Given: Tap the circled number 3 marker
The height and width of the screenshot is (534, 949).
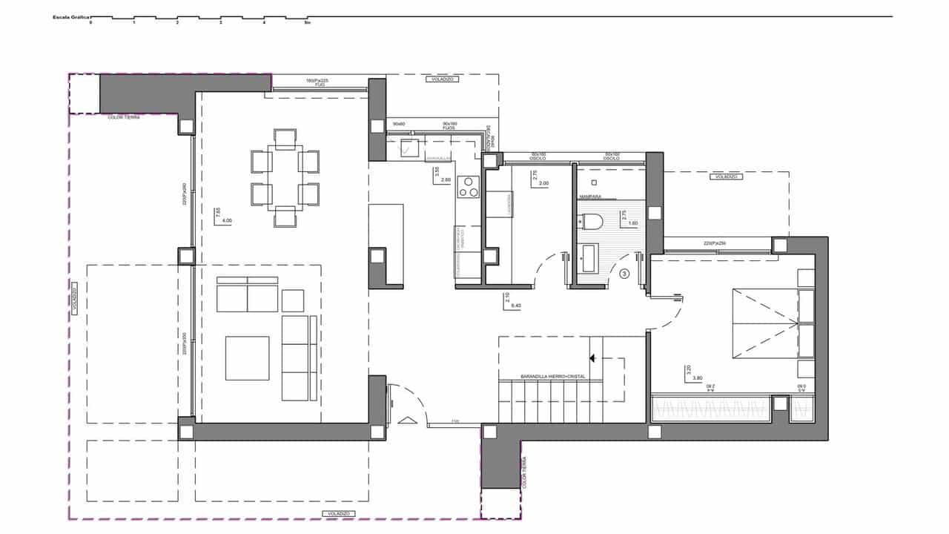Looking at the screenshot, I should [624, 274].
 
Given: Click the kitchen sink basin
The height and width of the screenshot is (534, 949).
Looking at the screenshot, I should [406, 147].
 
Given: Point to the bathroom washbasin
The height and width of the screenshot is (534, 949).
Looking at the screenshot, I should [590, 256].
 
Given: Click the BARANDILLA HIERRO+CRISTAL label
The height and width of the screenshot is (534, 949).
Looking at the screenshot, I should [543, 377].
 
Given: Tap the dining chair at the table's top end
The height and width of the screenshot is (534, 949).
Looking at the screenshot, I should [285, 138].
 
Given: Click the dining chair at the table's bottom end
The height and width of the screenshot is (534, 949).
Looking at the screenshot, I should [285, 217].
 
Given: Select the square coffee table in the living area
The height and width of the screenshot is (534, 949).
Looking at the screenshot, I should [247, 357].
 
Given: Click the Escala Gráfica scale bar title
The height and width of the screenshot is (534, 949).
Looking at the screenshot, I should [69, 16].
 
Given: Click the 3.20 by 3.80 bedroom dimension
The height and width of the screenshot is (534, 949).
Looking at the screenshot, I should [691, 373].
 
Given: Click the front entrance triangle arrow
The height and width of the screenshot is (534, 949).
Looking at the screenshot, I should [407, 421].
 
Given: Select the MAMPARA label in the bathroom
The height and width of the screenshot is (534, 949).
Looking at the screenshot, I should [591, 197].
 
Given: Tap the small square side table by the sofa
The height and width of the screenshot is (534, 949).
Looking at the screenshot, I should [293, 300].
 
